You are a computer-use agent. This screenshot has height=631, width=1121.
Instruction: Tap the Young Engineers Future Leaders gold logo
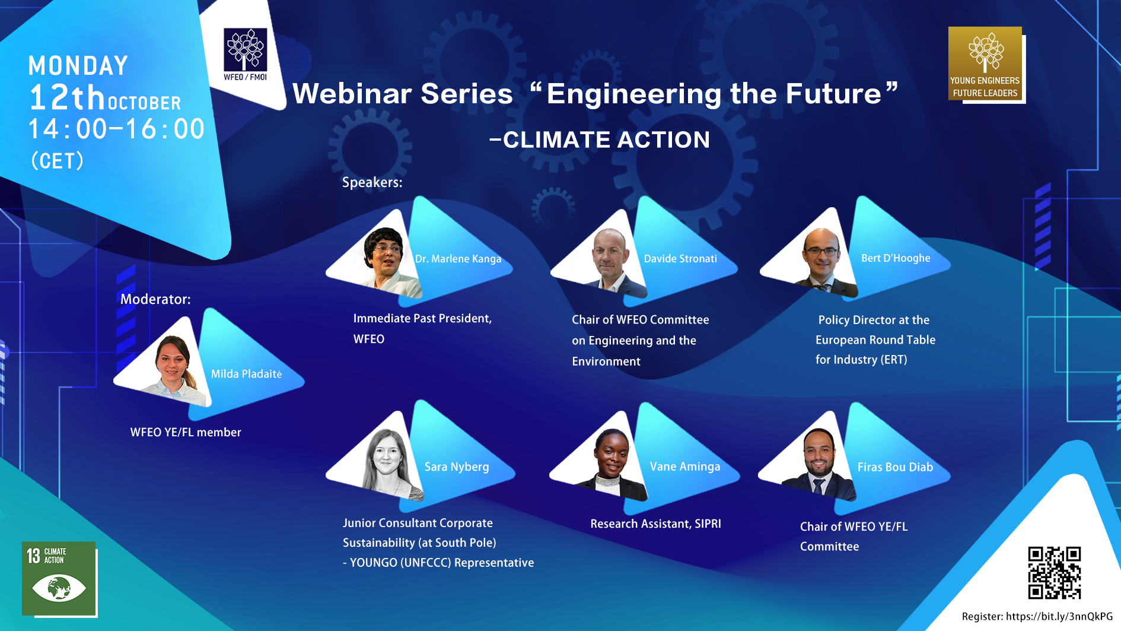985,63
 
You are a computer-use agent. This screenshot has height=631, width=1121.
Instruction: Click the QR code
1055,573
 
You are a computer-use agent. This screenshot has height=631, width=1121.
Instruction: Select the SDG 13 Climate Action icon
59,578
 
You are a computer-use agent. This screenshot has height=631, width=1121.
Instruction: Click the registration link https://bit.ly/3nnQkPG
1059,616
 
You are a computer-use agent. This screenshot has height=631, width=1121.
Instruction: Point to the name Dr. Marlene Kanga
458,259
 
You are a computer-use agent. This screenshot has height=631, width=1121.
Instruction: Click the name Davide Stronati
680,259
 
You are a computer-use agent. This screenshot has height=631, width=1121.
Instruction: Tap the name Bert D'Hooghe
896,258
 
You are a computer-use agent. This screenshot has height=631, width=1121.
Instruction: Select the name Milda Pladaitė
246,374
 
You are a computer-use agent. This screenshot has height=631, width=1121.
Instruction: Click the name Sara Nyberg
457,467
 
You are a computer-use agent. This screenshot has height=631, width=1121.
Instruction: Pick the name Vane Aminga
685,467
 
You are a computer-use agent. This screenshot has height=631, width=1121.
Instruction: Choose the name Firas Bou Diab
895,467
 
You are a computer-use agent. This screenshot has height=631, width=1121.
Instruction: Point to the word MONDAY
78,66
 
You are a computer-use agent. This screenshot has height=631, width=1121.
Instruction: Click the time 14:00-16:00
117,129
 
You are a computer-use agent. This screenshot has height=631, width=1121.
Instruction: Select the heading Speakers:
372,182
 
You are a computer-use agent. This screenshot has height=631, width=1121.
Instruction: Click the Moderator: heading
155,299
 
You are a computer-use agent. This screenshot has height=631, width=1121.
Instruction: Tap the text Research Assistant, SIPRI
655,524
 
